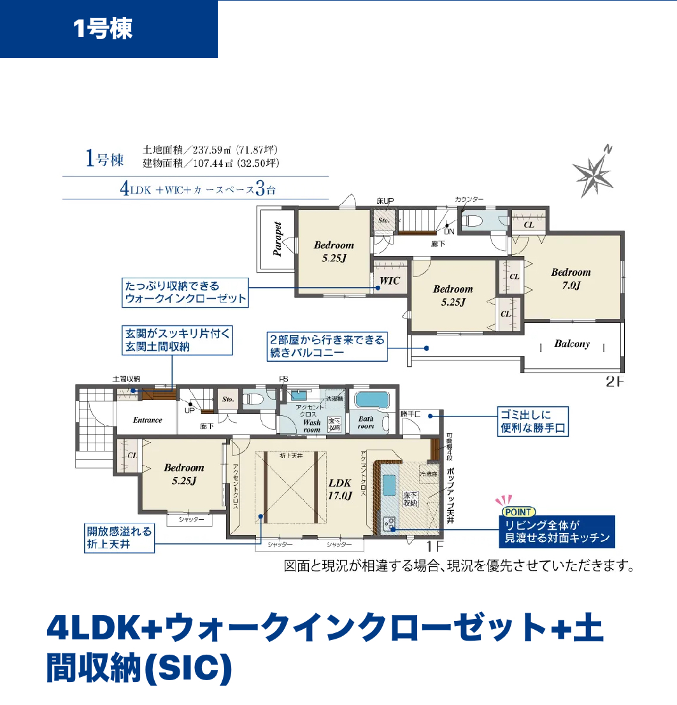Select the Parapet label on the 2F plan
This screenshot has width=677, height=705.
278,239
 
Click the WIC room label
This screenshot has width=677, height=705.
390,281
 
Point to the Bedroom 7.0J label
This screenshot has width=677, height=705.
571,279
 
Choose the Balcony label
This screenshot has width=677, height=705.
571,344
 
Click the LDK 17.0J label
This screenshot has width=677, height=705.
340,488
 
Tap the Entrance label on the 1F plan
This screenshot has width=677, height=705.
148,420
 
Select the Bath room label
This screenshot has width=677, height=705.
366,422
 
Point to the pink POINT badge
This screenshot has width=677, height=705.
519,511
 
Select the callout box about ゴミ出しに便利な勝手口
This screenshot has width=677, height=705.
532,421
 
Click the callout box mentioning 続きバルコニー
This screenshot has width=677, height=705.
327,345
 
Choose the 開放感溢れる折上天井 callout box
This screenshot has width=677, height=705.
120,538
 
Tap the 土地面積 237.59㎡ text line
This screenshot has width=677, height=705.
210,150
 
